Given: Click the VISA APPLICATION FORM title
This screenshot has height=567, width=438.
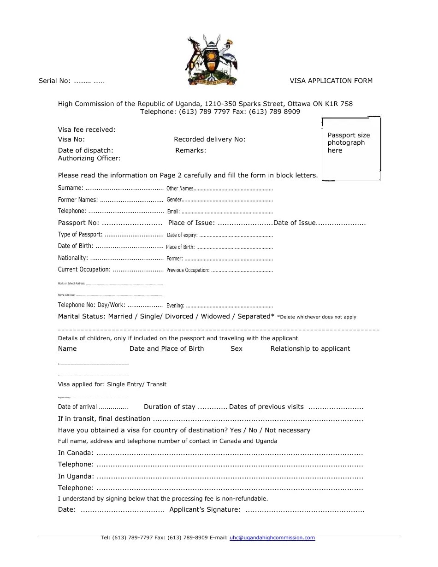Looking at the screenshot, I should point(331,81).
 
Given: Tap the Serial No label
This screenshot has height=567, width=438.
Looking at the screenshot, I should point(54,81).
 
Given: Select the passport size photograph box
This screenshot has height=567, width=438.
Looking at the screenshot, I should point(351,148).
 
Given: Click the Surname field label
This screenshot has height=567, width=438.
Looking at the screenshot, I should point(71,188).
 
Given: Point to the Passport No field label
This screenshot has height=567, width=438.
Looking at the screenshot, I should point(78,223).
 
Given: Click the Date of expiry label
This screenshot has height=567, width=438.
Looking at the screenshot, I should point(182,235).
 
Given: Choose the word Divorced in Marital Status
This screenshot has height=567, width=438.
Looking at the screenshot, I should point(179,317).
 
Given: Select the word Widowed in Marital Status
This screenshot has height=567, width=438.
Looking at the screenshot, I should point(215,317).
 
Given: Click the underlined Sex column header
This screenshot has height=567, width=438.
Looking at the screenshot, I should point(236,349).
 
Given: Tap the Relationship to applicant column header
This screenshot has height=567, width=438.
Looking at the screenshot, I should point(310,349).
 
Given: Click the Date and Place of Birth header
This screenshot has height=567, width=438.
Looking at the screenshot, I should point(166,349).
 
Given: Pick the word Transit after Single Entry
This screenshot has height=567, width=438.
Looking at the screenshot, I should point(157,384).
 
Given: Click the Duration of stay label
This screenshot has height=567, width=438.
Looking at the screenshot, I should point(169,407).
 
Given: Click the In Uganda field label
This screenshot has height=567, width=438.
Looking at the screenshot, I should point(76,477).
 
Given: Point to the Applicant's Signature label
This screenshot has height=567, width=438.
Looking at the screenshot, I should point(205,510).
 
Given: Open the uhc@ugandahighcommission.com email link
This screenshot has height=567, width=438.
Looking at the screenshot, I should point(272,537).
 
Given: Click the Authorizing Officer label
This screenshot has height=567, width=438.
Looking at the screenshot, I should point(89,159).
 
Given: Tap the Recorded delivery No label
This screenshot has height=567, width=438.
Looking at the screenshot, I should point(209,140).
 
